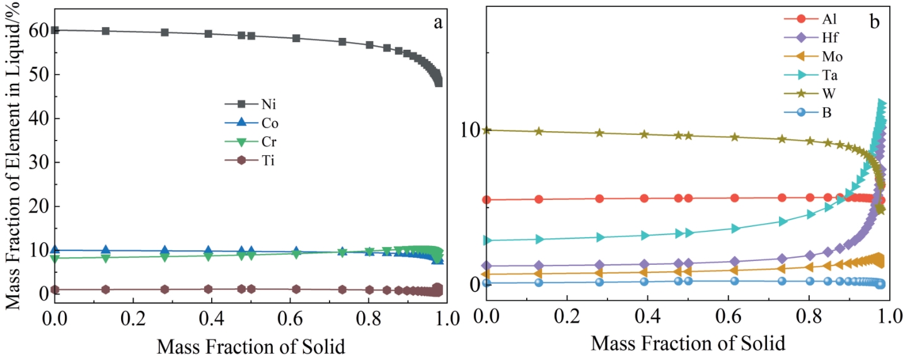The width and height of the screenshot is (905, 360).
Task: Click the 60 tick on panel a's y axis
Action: click(37, 30)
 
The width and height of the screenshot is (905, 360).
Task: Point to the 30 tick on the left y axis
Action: click(37, 163)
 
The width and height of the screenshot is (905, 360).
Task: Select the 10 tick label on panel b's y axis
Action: click(470, 131)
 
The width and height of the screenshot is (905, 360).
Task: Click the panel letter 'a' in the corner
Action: click(437, 23)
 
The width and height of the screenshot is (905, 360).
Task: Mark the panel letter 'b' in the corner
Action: click(875, 21)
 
